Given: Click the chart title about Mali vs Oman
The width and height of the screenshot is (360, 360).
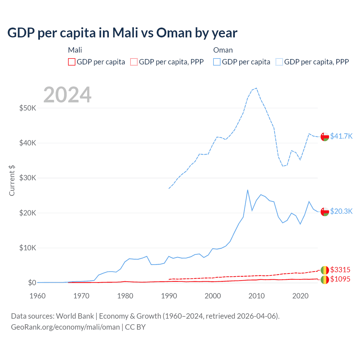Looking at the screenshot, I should pos(122,33).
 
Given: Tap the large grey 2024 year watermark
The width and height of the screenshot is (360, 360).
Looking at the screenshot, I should pos(67,95).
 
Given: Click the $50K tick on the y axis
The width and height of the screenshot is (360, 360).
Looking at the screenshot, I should pos(28,108).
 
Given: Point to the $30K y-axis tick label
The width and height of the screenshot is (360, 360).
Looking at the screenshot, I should pos(28,178).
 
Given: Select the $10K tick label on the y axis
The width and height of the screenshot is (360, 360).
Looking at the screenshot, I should pos(28,248).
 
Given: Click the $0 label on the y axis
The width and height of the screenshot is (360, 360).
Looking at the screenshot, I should pos(32,283).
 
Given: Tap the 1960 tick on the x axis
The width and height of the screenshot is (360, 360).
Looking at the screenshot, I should pos(37,296).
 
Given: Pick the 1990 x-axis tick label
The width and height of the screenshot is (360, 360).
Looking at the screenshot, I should pos(169,296).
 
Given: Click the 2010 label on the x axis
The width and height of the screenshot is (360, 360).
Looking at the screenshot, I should pos(256,296).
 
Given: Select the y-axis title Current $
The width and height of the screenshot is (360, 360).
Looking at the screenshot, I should pos(12,181).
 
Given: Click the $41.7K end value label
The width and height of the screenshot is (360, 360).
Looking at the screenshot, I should pos(341,136).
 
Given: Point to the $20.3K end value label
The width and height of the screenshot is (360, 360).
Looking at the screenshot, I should pos(341,211).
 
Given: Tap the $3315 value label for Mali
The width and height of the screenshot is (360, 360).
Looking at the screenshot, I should pos(340,270).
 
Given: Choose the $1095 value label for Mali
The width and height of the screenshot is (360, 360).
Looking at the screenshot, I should pos(340,279).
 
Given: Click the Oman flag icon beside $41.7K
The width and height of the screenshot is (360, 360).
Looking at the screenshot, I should pos(325,136).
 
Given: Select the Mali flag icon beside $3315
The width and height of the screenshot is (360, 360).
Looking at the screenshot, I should pos(325,270).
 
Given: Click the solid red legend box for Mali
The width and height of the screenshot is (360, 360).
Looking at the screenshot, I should pos(72,62).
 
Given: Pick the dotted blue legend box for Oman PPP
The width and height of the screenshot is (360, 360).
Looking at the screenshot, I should pos(279,62).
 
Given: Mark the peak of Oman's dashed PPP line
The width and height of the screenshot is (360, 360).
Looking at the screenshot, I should pos(256,88).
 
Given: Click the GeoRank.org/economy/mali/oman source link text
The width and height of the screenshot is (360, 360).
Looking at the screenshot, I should pos(65,327).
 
